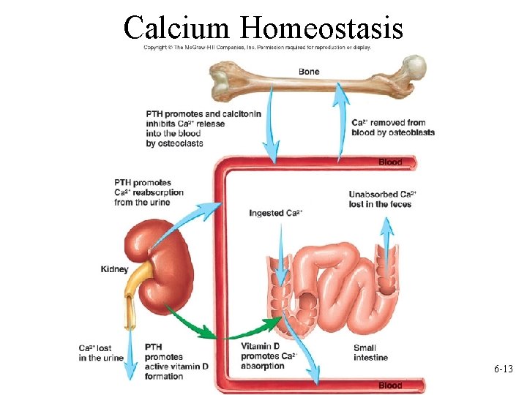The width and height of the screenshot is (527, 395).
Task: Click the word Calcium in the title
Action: pos(177,27)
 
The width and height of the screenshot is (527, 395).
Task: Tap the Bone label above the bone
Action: pos(309,72)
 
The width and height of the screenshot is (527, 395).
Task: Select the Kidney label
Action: pos(114,269)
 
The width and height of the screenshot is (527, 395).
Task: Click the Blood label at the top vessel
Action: pos(390,162)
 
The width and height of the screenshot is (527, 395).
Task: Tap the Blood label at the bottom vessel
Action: pos(390,385)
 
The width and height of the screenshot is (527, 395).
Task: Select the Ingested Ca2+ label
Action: pos(276,213)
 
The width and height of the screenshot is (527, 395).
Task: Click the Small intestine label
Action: pos(370,353)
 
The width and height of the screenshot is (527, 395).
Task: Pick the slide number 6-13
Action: pos(503,370)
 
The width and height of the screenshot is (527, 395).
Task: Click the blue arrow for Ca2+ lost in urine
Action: pos(130,351)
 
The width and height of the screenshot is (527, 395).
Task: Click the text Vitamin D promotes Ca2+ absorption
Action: pos(268,357)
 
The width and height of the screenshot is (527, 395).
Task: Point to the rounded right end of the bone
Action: pos(415,67)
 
